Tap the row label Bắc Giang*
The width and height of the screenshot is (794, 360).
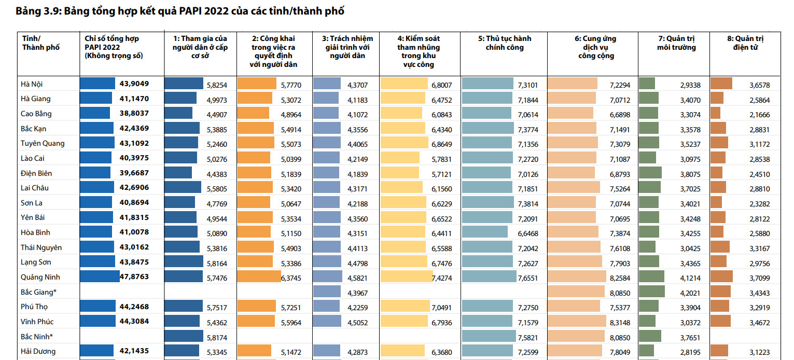pos(39,292)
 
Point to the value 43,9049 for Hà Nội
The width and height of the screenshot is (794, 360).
pos(134,84)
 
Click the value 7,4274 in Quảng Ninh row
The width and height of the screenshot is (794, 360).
pos(441,278)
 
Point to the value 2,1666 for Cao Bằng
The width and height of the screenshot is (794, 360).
pos(759,114)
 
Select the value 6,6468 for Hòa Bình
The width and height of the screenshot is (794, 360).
pos(528,233)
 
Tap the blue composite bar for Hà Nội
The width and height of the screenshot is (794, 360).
pos(97,84)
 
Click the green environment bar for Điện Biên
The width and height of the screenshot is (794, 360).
pos(650,173)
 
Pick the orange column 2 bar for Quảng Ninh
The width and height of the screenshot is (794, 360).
pos(259,277)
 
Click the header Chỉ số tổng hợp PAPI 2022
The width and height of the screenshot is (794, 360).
pos(112,47)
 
